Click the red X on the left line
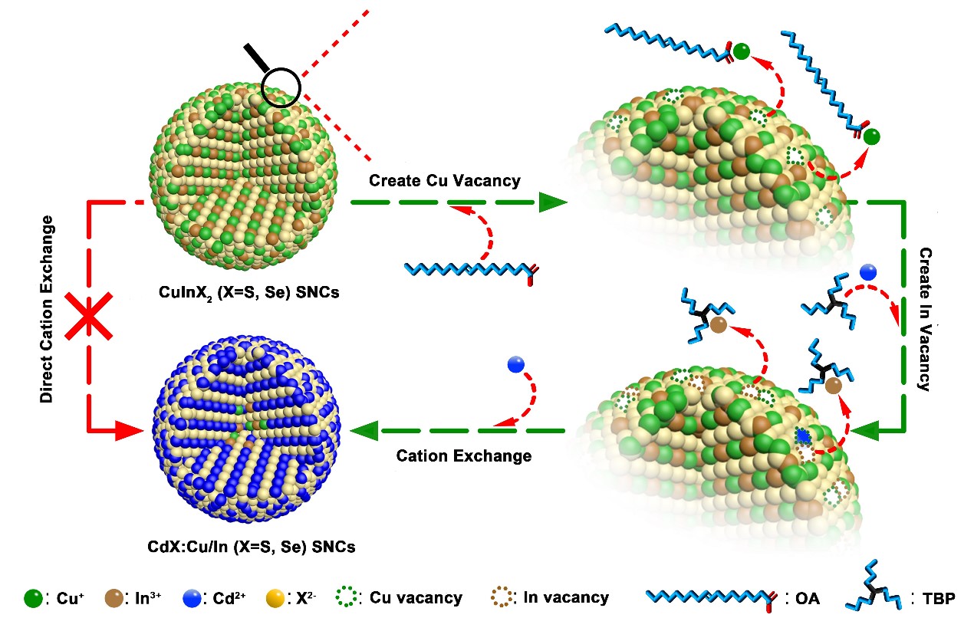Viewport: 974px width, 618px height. (x=91, y=316)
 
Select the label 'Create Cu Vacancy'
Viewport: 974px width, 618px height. (x=444, y=181)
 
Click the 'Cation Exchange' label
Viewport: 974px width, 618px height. (x=463, y=455)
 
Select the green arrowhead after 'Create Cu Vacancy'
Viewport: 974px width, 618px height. (x=551, y=202)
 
